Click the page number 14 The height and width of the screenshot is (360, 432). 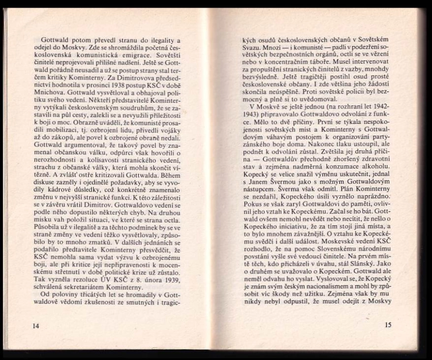tap(35, 325)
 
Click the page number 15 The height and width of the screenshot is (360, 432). tap(389, 325)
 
